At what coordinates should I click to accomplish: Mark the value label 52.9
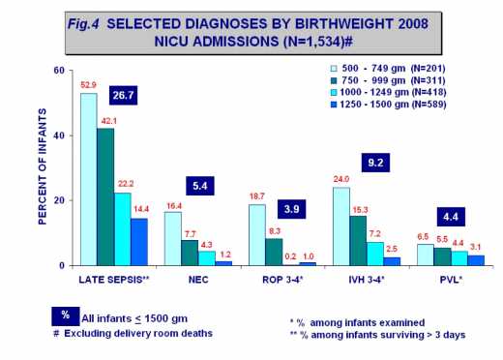tap(88, 85)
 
